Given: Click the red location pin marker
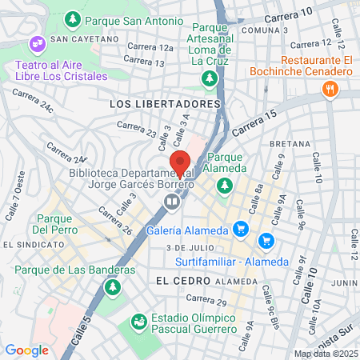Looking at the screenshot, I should (181, 162).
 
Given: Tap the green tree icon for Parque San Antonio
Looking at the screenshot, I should (74, 17).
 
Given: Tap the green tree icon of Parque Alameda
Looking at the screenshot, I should (226, 185).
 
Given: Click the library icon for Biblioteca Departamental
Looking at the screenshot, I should (171, 202).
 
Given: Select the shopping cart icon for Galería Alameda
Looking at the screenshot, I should (239, 230).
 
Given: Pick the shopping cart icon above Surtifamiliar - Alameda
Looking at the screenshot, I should (266, 240).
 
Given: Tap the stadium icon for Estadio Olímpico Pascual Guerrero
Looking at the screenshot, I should (139, 321).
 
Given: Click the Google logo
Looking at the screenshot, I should (26, 350).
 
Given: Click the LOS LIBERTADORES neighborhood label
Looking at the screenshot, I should (166, 104).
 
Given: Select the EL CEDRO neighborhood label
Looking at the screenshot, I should (174, 281).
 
